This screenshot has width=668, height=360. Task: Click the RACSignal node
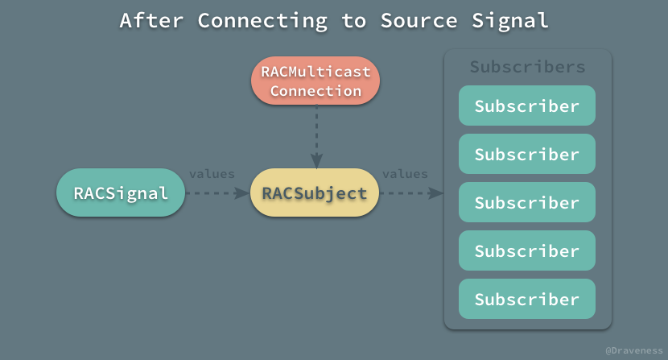tap(121, 193)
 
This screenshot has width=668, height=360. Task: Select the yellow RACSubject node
tap(314, 193)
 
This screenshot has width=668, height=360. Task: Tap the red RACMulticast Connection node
tap(315, 81)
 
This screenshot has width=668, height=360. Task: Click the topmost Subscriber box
tap(527, 106)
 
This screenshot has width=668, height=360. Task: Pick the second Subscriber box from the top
tap(527, 154)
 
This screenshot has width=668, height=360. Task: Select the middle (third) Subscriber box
tap(527, 202)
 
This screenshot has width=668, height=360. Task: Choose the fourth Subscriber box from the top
tap(527, 250)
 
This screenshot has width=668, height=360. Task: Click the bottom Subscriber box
tap(527, 299)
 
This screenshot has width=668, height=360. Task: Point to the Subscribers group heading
tap(527, 67)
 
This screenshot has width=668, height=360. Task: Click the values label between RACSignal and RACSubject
tap(212, 174)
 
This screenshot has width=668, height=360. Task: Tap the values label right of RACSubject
tap(405, 174)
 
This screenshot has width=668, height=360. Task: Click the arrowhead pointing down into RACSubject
tap(316, 160)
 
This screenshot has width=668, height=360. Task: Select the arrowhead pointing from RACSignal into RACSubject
tap(242, 193)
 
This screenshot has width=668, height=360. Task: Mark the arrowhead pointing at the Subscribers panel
tap(436, 193)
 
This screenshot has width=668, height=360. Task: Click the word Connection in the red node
tap(315, 91)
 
